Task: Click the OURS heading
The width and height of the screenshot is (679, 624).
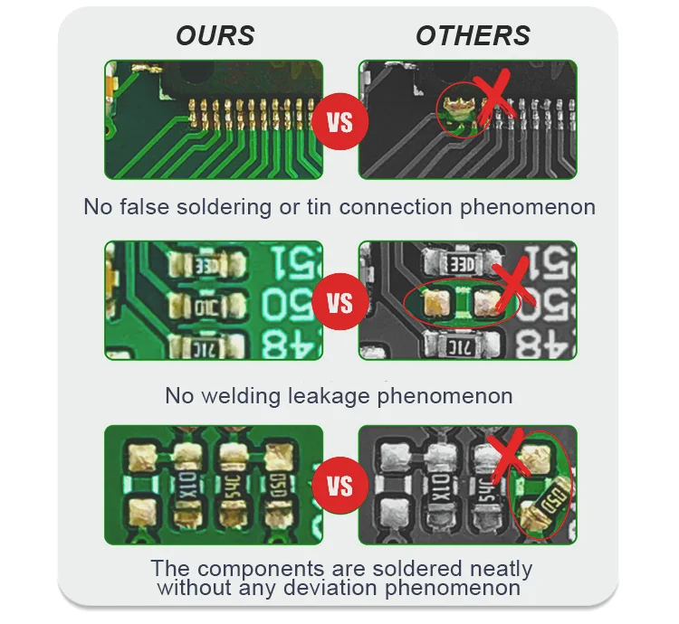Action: [215, 36]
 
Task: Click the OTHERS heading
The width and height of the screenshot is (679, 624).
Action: [473, 36]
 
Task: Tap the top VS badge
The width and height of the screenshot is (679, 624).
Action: [339, 120]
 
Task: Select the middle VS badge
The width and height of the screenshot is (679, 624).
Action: [339, 301]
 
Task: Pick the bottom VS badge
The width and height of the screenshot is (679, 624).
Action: [339, 486]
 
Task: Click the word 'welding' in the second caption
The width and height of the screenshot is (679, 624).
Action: [250, 396]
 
